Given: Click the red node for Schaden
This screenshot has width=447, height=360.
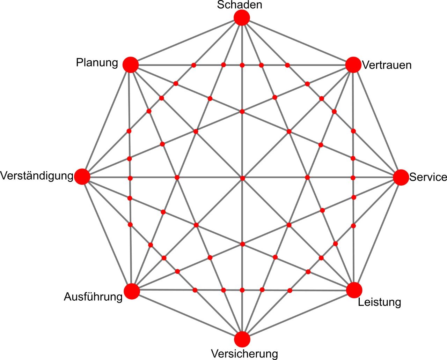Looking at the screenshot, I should pos(242,18).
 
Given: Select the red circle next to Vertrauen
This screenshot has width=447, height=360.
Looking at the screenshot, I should pos(353,65).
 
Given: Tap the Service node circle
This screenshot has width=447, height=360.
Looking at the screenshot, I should pos(401,178).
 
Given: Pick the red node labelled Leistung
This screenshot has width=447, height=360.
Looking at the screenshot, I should pos(354,290).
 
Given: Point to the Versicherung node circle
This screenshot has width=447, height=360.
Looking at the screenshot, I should pos(242,339).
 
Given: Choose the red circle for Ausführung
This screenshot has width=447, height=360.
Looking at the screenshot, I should pos(132,291).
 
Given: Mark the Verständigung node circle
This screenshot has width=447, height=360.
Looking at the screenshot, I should pos(82,177).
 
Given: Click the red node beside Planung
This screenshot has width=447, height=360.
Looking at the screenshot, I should pos(131,65).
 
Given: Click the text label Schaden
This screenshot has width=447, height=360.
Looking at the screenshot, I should pos(240,5).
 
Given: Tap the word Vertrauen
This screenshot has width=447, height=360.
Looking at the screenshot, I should pos(387,65).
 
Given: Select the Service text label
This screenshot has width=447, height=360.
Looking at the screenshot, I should pos(428,177).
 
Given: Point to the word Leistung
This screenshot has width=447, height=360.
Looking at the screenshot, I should pos(380,302).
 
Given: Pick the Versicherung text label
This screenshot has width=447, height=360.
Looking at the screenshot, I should pos(244,354).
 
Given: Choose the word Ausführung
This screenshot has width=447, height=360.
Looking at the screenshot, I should pos(93,297).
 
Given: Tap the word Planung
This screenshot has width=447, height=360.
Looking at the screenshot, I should pos(97,63).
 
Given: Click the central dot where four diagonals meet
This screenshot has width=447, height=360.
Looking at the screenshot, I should pos(242,178).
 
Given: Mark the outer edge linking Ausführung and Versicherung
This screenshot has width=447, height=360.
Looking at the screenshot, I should pos(187,315).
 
